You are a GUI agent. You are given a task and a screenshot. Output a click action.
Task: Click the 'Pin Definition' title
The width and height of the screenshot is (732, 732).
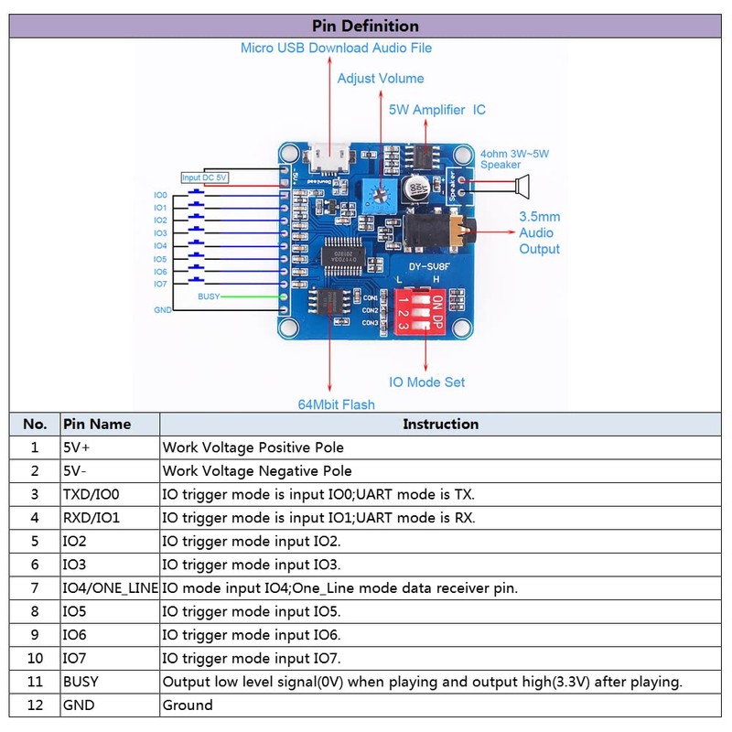pos(365,26)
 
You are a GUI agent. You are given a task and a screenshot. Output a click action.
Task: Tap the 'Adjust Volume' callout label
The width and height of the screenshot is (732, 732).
pos(381,79)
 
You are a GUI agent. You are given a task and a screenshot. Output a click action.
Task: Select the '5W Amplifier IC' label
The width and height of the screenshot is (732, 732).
pos(437,110)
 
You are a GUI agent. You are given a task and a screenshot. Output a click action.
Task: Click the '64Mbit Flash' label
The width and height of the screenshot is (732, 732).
pos(336,404)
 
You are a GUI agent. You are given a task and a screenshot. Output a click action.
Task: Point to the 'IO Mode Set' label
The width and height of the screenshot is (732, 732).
pos(428,382)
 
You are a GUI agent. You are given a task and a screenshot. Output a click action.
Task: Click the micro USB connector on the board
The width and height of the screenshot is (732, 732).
pos(327,160)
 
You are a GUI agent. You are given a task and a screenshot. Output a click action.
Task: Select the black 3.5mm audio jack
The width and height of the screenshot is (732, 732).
pos(439,233)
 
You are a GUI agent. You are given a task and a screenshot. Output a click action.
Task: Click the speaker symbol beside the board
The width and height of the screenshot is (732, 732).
pos(522,188)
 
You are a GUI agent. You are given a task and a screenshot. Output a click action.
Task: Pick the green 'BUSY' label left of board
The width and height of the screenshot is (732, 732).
pos(208,296)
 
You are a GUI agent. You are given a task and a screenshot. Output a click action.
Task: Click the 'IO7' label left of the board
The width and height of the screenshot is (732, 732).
pos(160,284)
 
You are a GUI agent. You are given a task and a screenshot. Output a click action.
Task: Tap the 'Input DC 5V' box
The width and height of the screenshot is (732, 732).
pos(204,178)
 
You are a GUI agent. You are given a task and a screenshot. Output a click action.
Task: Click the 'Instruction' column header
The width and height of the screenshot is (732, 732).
pos(440,425)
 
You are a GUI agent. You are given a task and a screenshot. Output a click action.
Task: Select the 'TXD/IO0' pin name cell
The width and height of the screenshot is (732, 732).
pos(91,494)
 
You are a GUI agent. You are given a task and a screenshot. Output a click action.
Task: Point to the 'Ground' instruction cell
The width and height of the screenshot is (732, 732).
pos(188,705)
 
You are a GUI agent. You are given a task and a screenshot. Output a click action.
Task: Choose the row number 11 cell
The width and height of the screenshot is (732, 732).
pos(35,682)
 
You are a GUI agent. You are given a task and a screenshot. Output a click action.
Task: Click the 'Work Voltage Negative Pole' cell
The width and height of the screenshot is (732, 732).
pos(257,471)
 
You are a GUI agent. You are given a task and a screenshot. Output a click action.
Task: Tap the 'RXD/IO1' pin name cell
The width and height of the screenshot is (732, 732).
pos(91,518)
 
